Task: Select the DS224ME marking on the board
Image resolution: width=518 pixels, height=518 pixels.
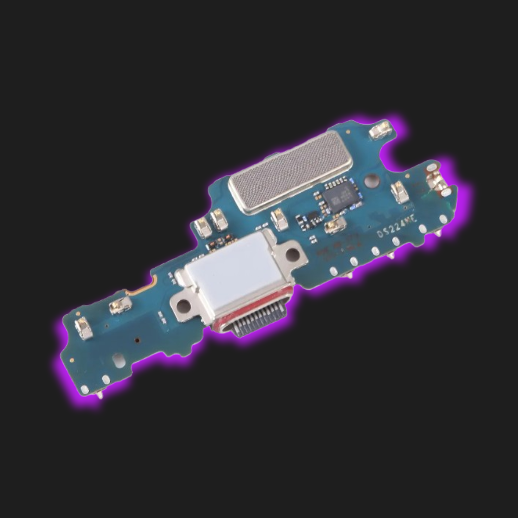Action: pos(397,230)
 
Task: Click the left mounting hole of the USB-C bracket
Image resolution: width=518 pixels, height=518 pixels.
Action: pos(182,305)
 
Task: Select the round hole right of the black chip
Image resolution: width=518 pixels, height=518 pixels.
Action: pos(371,181)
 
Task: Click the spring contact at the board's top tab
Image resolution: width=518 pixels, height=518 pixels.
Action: pos(381,130)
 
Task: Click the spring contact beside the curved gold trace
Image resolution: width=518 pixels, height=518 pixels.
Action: pos(120,305)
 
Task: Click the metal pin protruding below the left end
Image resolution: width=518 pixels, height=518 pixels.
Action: pos(99,395)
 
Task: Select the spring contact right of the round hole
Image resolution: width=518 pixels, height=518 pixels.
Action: pos(400,192)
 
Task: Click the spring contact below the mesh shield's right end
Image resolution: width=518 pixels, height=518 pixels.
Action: pos(279,219)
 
